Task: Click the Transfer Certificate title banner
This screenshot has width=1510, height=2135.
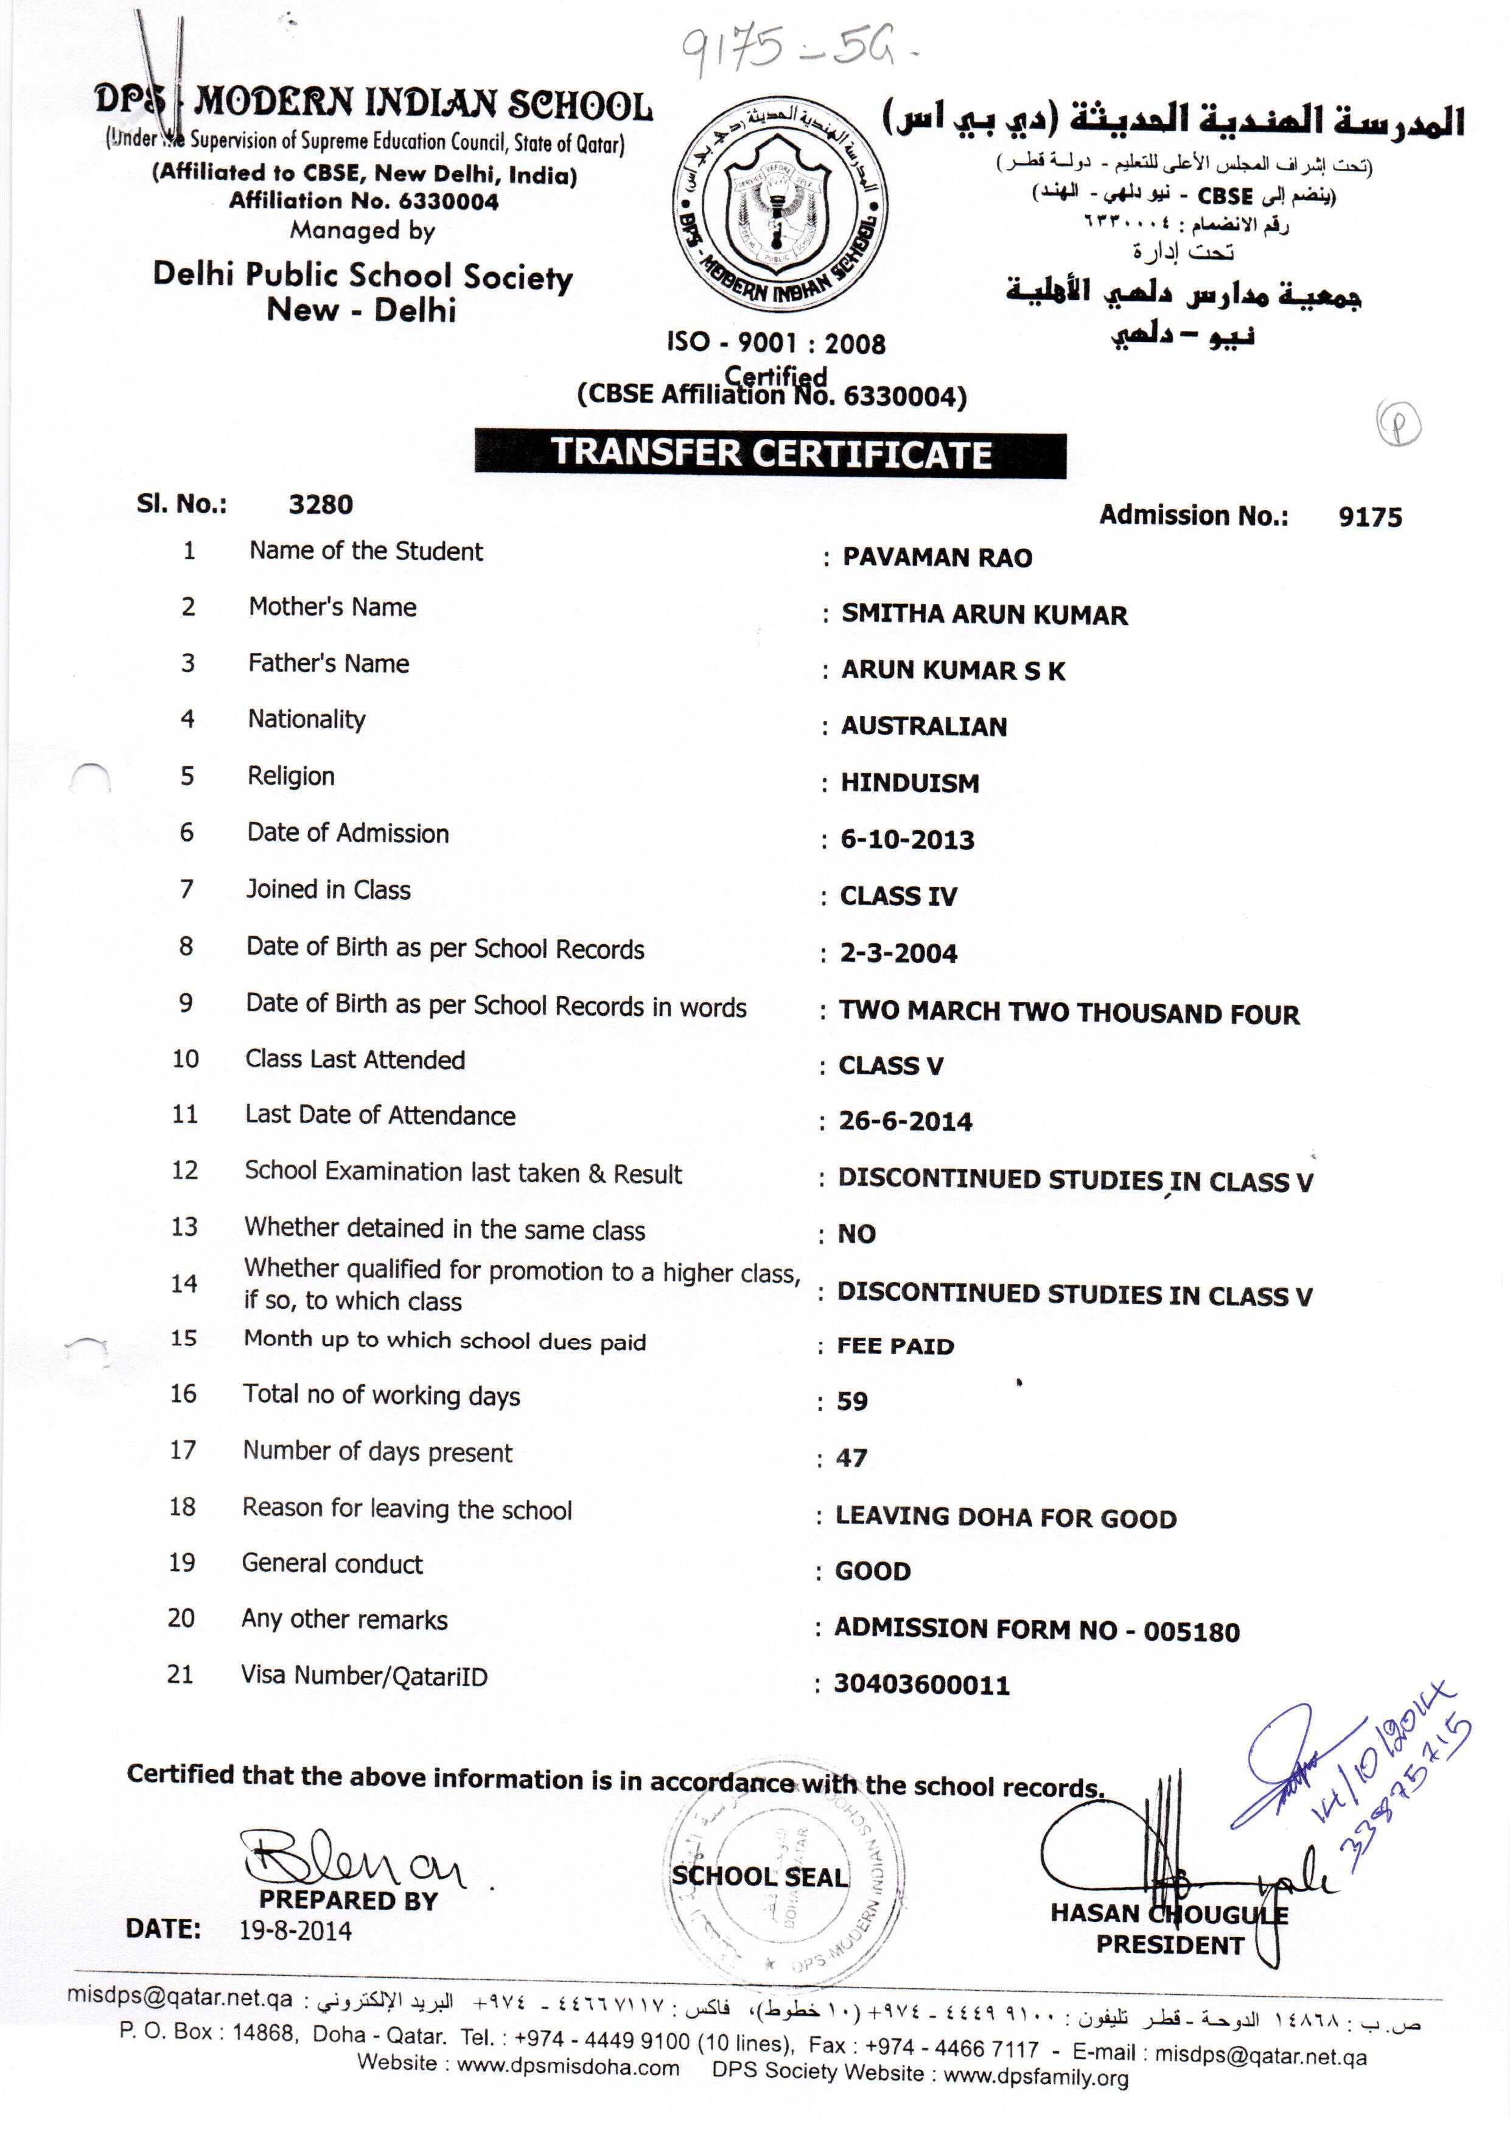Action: pos(770,453)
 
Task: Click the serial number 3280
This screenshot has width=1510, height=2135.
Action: pos(321,505)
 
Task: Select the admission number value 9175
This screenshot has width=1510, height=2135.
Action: pos(1369,517)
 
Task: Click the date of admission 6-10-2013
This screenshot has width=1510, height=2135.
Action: pos(907,840)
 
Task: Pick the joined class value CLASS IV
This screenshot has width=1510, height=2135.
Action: pos(898,896)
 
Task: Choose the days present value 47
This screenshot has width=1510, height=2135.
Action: pos(851,1458)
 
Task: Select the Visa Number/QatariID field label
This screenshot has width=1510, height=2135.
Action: pos(363,1677)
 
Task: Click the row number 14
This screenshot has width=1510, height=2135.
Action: pos(184,1284)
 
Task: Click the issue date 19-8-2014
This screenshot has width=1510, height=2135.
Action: pos(296,1930)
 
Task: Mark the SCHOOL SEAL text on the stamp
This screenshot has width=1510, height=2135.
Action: pos(760,1876)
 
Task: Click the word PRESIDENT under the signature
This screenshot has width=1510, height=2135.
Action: pos(1169,1945)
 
